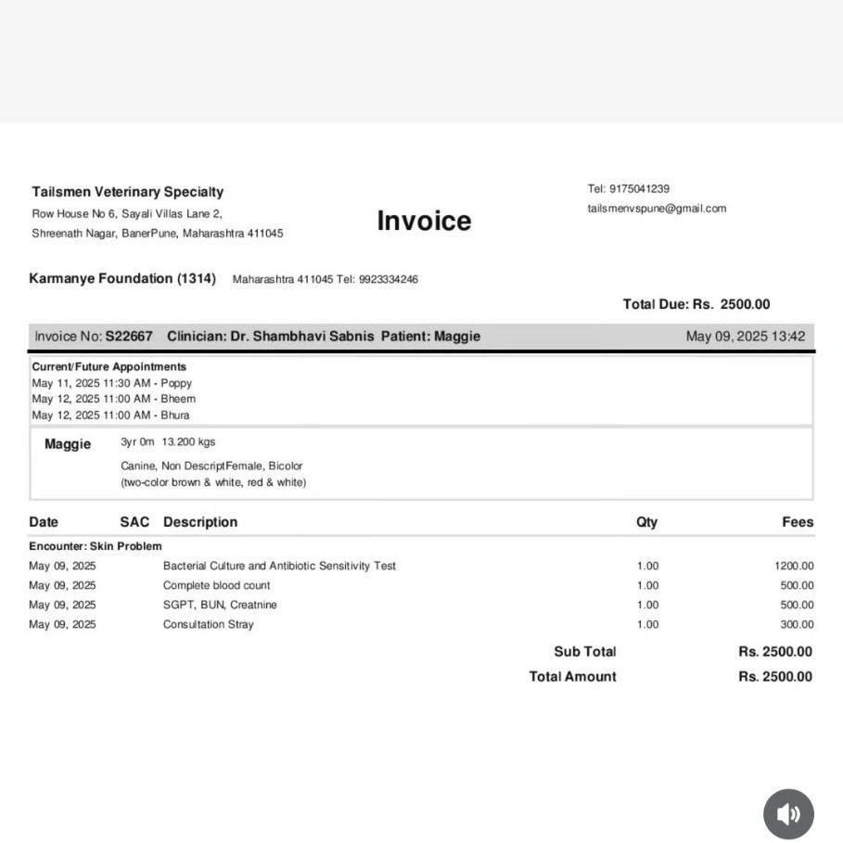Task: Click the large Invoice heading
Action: point(424,221)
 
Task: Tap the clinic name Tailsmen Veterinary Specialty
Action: point(127,192)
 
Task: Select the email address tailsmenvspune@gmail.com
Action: point(657,209)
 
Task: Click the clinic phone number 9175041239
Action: point(639,188)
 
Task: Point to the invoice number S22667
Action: point(129,336)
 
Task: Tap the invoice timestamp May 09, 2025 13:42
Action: point(746,336)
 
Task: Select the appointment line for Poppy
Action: point(112,383)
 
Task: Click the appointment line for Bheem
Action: point(113,399)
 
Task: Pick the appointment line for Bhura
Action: point(110,415)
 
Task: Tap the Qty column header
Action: point(646,522)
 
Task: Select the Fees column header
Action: point(798,522)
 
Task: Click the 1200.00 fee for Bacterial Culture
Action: point(794,566)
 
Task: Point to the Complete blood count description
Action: point(216,585)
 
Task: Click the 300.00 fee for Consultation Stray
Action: point(797,624)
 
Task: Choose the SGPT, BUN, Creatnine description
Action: point(220,605)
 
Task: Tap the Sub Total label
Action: point(584,652)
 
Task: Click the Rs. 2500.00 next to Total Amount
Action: point(775,677)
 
